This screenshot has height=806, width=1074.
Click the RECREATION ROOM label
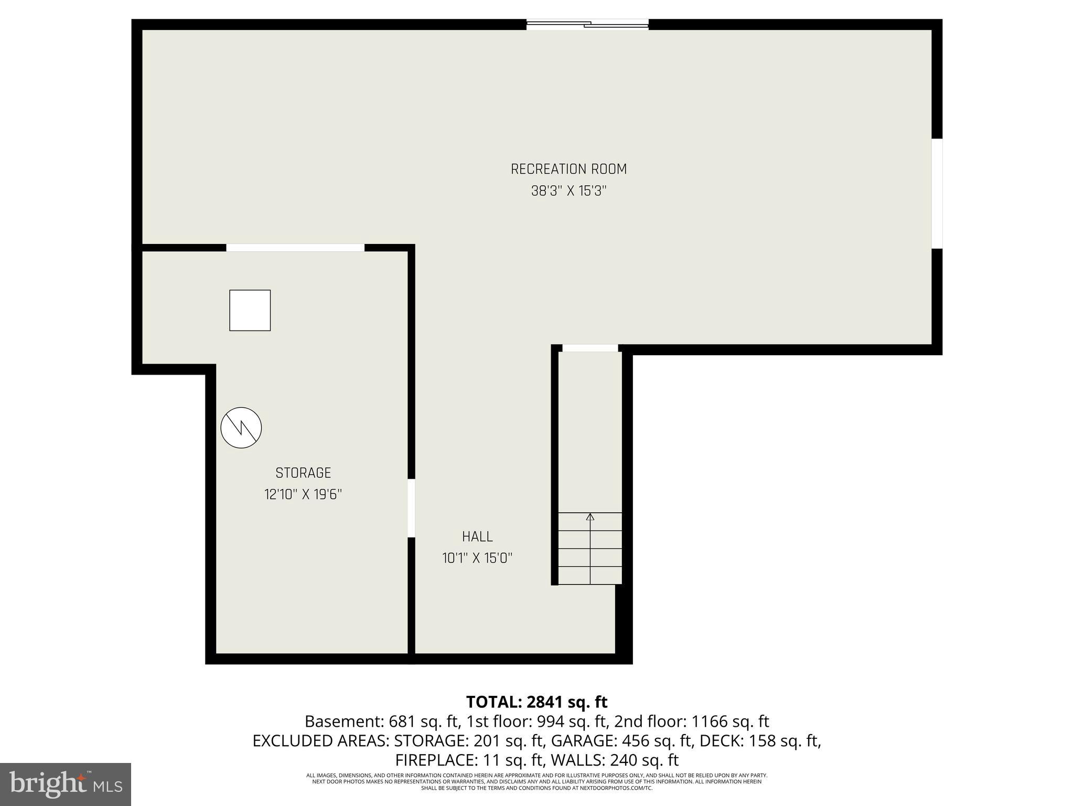click(568, 169)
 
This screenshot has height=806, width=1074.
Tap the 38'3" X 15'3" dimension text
click(568, 191)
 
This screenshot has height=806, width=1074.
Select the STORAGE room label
click(303, 473)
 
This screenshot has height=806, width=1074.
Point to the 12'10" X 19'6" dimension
click(303, 495)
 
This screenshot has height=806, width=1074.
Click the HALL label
click(477, 536)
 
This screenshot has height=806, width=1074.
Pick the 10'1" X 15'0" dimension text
click(477, 558)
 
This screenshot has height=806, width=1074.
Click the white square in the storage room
click(250, 310)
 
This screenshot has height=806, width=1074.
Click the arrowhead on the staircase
click(590, 517)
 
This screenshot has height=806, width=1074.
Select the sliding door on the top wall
click(587, 24)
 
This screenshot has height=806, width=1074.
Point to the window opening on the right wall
click(937, 193)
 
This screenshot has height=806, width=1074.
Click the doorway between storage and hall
click(411, 508)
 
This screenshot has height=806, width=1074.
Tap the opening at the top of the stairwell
click(590, 348)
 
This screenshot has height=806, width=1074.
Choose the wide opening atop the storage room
click(295, 248)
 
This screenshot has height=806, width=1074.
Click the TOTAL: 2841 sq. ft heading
click(536, 702)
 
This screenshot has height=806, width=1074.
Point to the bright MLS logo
click(66, 784)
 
